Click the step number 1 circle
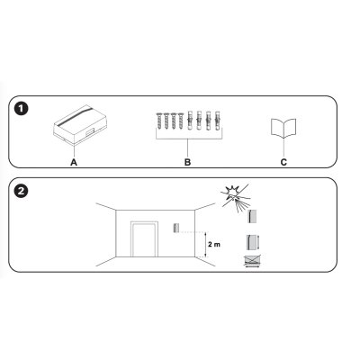pyautogui.click(x=22, y=110)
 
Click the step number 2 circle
pyautogui.click(x=22, y=190)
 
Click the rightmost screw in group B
pyautogui.click(x=180, y=122)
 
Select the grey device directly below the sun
pyautogui.click(x=254, y=217)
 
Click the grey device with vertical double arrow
pyautogui.click(x=253, y=243)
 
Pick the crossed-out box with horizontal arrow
pyautogui.click(x=255, y=263)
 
